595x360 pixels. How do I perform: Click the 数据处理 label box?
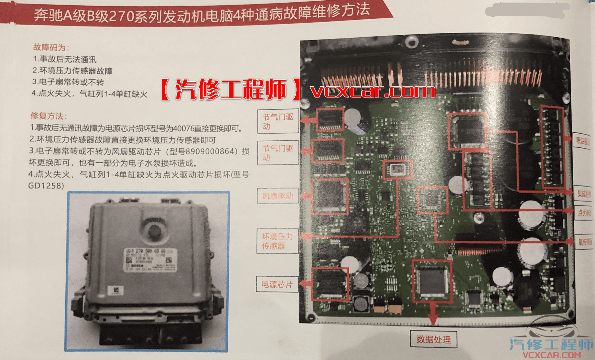[x=433, y=339]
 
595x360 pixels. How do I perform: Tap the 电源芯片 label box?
[x=277, y=284]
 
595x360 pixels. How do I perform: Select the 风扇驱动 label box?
[x=278, y=196]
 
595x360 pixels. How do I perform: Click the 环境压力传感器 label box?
[x=277, y=241]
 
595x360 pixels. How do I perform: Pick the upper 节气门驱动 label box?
[x=278, y=121]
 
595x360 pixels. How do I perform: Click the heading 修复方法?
[x=49, y=116]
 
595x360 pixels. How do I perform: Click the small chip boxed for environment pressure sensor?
[x=397, y=169]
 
